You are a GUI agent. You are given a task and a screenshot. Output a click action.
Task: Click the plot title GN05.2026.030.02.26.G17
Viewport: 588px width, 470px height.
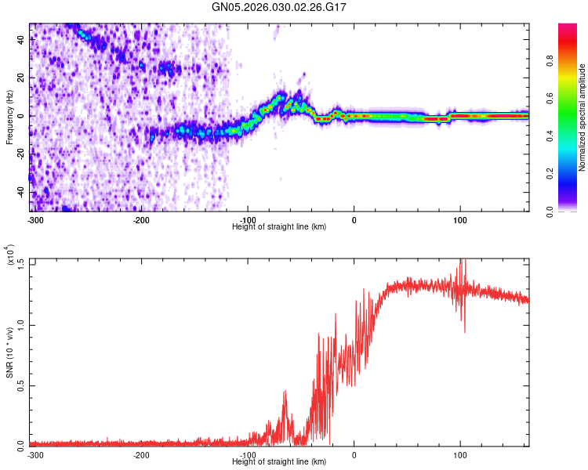[280, 7]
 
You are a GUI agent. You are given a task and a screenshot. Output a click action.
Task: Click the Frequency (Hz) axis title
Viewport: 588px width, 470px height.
[9, 117]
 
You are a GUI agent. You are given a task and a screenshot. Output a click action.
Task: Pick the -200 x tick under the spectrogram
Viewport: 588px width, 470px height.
[142, 219]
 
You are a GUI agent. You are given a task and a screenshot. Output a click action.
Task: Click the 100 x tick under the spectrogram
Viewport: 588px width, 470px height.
[460, 219]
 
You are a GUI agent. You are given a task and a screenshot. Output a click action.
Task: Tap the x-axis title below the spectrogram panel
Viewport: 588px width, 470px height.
[280, 226]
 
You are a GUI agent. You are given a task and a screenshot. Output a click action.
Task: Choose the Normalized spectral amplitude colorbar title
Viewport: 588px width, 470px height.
[583, 117]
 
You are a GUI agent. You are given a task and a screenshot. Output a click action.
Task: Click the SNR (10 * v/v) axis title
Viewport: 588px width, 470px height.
[9, 352]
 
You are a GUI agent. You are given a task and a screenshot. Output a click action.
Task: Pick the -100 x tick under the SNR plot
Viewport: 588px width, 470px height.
[248, 454]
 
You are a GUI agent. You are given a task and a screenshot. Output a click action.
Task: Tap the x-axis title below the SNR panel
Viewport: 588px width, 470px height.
[280, 462]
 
